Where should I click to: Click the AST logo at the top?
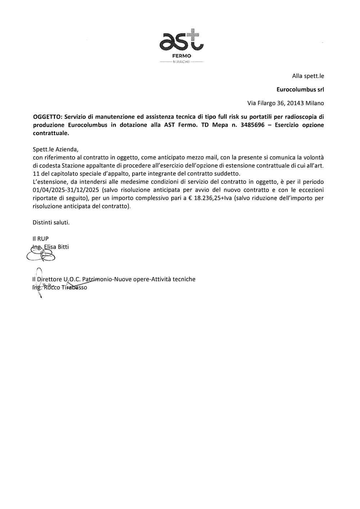point(181,41)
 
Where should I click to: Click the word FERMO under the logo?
point(181,57)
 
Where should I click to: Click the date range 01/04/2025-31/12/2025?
point(66,190)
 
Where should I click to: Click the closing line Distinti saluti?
point(51,222)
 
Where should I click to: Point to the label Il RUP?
point(40,238)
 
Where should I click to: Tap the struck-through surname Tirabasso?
point(75,288)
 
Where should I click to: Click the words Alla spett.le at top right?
point(308,76)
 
